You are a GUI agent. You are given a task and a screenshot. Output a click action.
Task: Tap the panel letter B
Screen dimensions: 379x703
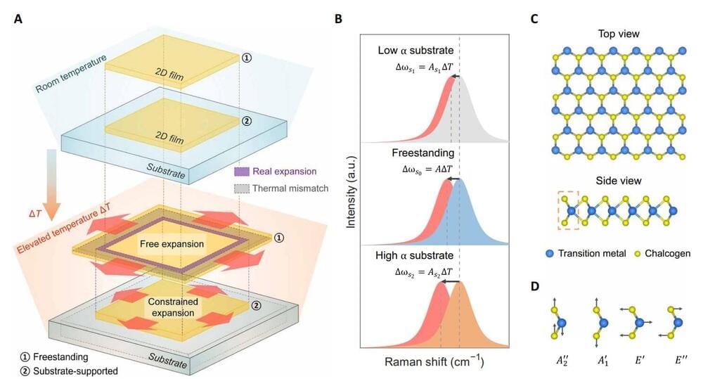339,18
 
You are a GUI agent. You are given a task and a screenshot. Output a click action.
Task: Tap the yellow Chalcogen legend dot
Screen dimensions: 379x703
638,253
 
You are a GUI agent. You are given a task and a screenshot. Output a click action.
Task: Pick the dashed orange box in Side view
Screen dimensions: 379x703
569,210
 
